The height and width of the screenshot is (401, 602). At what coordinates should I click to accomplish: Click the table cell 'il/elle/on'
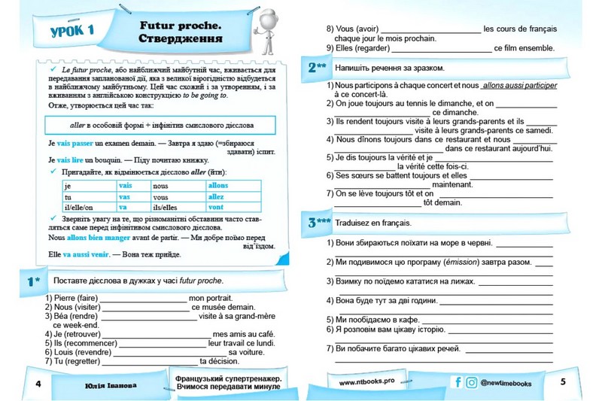pyautogui.click(x=80, y=207)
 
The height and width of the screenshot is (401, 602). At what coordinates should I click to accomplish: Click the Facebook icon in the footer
pyautogui.click(x=458, y=382)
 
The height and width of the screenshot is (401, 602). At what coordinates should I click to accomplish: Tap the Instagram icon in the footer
pyautogui.click(x=472, y=382)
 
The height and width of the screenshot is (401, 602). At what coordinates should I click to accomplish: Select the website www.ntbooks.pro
pyautogui.click(x=366, y=382)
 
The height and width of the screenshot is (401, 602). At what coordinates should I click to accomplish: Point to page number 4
pyautogui.click(x=38, y=384)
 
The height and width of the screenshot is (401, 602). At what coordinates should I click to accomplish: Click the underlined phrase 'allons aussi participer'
pyautogui.click(x=519, y=86)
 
